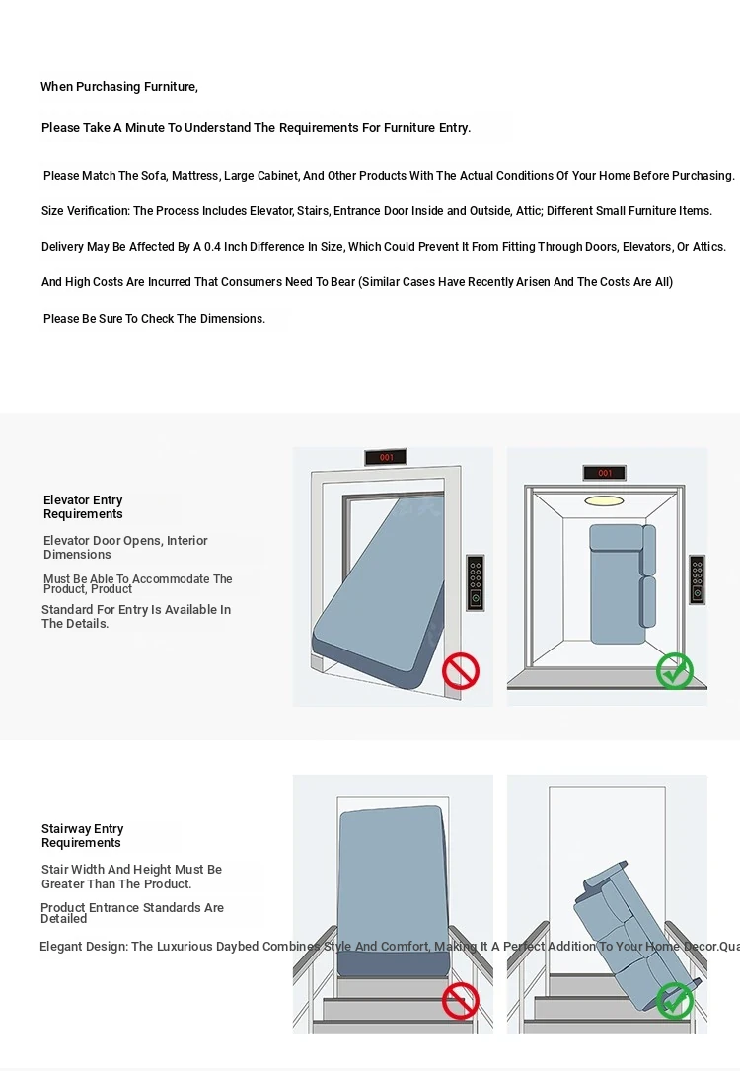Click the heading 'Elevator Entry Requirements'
click(83, 507)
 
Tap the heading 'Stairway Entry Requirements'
click(82, 836)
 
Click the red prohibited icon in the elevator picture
click(460, 671)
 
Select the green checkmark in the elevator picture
click(675, 671)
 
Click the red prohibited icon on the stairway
click(460, 1000)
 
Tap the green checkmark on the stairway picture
click(675, 1000)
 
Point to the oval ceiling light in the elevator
click(604, 500)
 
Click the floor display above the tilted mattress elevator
click(385, 457)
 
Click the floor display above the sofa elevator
click(604, 473)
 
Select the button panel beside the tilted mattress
click(475, 582)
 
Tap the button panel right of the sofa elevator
click(698, 579)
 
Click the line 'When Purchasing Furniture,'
click(119, 87)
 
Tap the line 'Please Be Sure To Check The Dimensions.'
click(154, 319)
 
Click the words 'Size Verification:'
click(85, 211)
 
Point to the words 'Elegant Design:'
click(84, 947)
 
